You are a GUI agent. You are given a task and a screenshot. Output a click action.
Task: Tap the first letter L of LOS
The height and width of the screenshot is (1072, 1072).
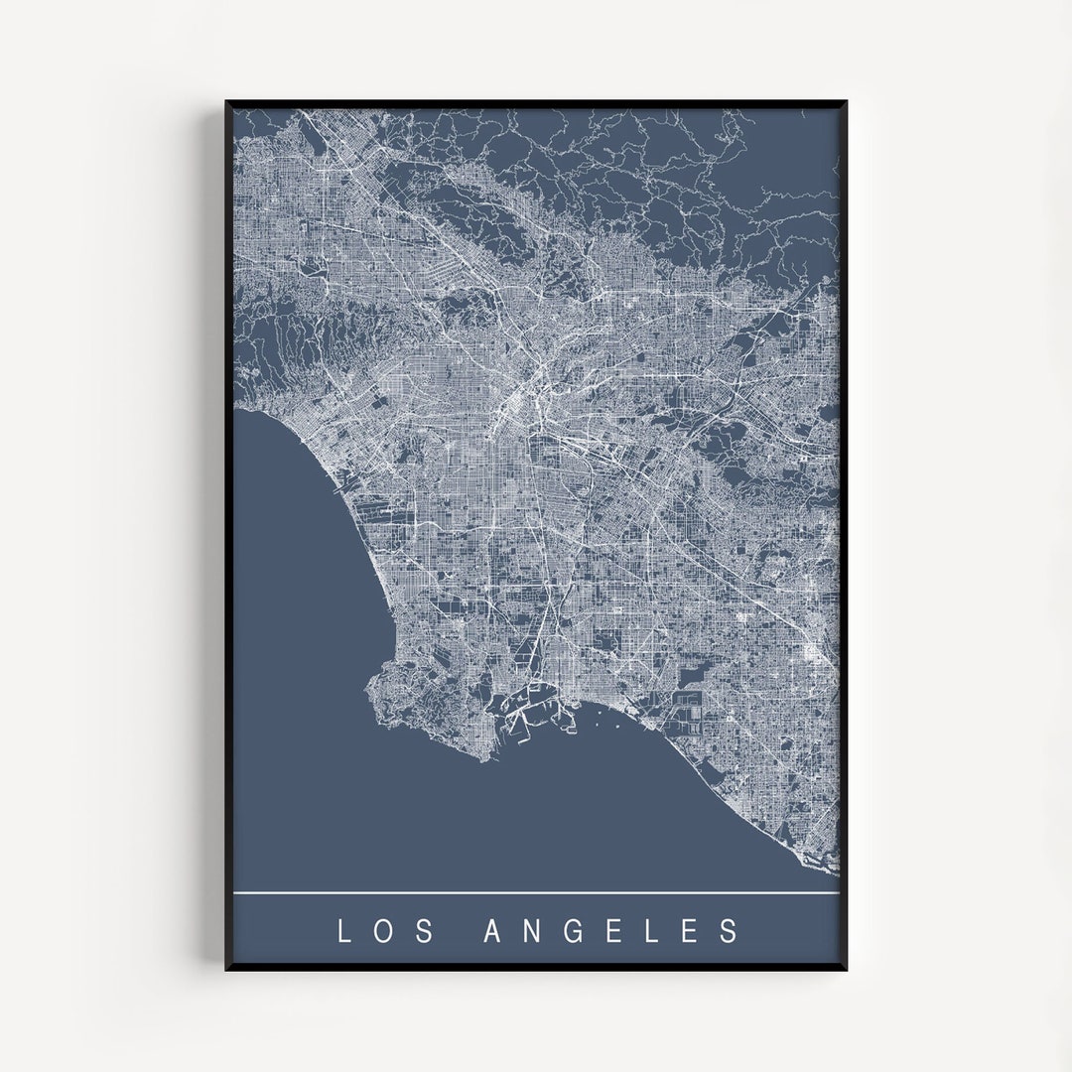coord(344,931)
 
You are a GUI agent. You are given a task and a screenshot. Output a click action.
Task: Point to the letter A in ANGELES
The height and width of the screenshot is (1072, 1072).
coord(492,931)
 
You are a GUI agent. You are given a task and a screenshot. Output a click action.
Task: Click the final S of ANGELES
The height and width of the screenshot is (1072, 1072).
coord(732,931)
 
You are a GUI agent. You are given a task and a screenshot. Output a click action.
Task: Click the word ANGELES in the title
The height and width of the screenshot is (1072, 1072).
coord(611,931)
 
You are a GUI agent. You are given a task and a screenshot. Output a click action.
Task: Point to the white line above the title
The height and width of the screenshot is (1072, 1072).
coord(536,893)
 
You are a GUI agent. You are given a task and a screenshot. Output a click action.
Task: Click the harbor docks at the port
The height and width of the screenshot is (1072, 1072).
coord(526,710)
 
